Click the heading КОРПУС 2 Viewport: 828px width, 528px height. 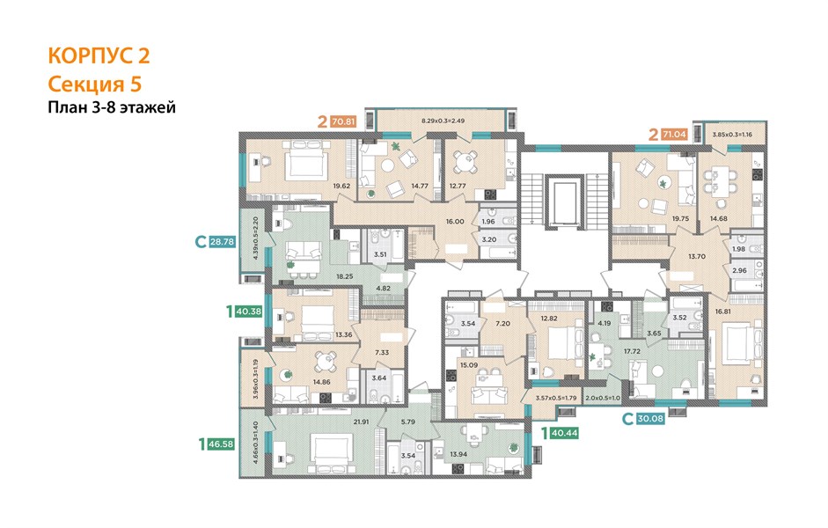pos(99,56)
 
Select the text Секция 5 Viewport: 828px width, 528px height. pos(95,84)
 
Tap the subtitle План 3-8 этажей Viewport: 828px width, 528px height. pos(112,107)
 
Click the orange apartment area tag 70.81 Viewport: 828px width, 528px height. pos(343,121)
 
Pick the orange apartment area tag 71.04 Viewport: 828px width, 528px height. pos(675,134)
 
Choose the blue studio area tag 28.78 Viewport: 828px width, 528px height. pos(222,242)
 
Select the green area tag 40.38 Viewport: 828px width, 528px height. pos(249,312)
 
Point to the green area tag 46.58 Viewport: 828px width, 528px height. pos(221,444)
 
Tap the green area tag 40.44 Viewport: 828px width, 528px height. pos(564,433)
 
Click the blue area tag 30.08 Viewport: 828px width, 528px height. pos(650,419)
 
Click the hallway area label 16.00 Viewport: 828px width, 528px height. pos(455,221)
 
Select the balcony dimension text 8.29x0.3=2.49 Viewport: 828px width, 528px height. pos(443,121)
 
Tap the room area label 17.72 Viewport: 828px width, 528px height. pos(632,350)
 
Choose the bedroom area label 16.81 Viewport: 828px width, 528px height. pos(723,312)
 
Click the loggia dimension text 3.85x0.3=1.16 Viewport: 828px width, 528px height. pos(731,134)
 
